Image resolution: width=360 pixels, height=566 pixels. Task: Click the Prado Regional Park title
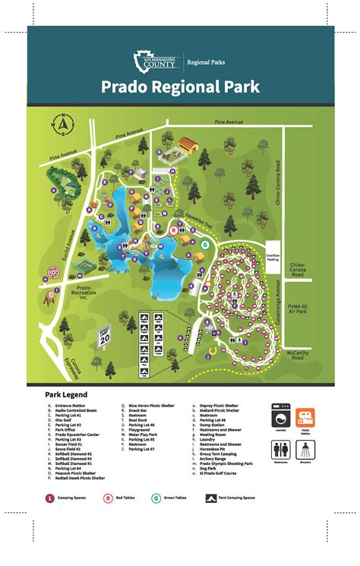pyautogui.click(x=179, y=85)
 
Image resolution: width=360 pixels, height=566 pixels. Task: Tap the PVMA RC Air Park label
pyautogui.click(x=297, y=308)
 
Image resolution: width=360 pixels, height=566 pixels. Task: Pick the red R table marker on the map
pyautogui.click(x=173, y=229)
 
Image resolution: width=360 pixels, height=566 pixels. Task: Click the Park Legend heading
pyautogui.click(x=66, y=395)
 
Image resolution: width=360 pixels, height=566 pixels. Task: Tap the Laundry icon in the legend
pyautogui.click(x=281, y=419)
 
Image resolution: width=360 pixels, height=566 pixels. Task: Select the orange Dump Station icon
pyautogui.click(x=307, y=418)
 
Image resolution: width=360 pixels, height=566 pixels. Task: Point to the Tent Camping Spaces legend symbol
pyautogui.click(x=210, y=498)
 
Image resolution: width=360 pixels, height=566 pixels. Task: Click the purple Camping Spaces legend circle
pyautogui.click(x=50, y=498)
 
